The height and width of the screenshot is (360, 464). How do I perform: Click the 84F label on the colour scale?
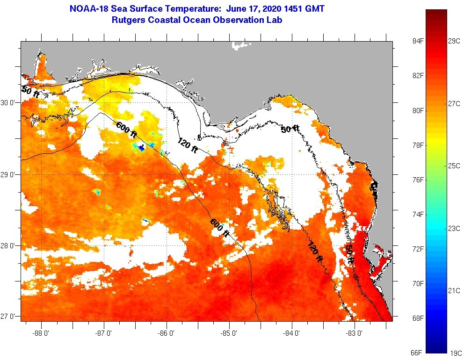point(417,41)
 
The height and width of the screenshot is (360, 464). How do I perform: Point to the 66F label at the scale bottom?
point(417,353)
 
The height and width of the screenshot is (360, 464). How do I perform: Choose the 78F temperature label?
point(417,145)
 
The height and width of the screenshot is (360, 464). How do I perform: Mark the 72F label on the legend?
point(417,249)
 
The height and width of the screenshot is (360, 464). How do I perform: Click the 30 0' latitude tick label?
point(9,102)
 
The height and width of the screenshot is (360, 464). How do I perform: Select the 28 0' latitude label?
point(9,245)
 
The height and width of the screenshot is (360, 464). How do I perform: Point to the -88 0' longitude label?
point(41,333)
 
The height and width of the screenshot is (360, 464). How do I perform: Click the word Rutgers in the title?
point(128,20)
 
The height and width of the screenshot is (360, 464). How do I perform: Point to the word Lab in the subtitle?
point(274,20)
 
